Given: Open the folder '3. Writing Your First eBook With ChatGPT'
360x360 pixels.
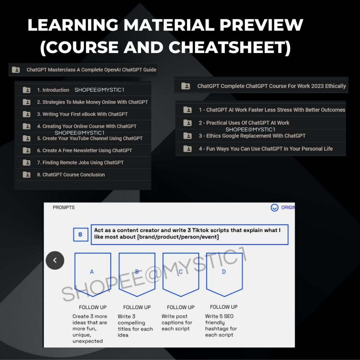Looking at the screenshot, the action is (82, 114).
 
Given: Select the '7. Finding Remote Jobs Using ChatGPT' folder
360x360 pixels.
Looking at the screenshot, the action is (80, 162).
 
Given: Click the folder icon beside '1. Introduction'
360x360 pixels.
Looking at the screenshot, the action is (27, 90).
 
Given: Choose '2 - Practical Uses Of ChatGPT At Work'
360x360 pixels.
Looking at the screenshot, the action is (244, 123).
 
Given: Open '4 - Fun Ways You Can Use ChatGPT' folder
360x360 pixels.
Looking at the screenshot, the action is (266, 149).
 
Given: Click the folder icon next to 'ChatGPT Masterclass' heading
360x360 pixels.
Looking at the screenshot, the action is (16, 70).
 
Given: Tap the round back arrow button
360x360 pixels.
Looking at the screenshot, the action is (55, 260).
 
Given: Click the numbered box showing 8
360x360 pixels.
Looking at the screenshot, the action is (81, 234).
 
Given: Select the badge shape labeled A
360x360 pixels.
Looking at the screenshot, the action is (93, 275).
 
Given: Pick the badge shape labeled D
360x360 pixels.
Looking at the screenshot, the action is (224, 275).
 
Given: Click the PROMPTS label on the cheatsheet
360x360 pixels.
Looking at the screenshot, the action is (64, 207).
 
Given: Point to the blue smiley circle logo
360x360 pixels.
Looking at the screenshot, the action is (274, 207).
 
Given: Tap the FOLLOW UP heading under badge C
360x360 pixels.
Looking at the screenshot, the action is (181, 307).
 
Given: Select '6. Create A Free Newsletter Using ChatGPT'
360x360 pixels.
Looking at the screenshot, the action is (84, 150).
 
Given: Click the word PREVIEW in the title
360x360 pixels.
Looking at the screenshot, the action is (262, 25).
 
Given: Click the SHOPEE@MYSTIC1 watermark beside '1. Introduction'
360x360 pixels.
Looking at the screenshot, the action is (99, 90).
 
